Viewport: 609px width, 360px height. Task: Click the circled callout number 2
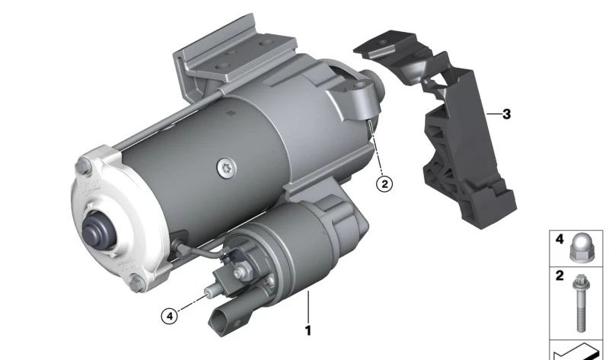tap(384, 183)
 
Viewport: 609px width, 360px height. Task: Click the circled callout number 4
tap(169, 316)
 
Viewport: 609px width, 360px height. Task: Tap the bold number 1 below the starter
tap(308, 330)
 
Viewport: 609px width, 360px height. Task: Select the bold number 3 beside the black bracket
tap(506, 114)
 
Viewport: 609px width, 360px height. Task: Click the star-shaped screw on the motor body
tap(226, 168)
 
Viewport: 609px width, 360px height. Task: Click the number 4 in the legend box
tap(560, 239)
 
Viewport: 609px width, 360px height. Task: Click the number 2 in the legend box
tap(560, 276)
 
